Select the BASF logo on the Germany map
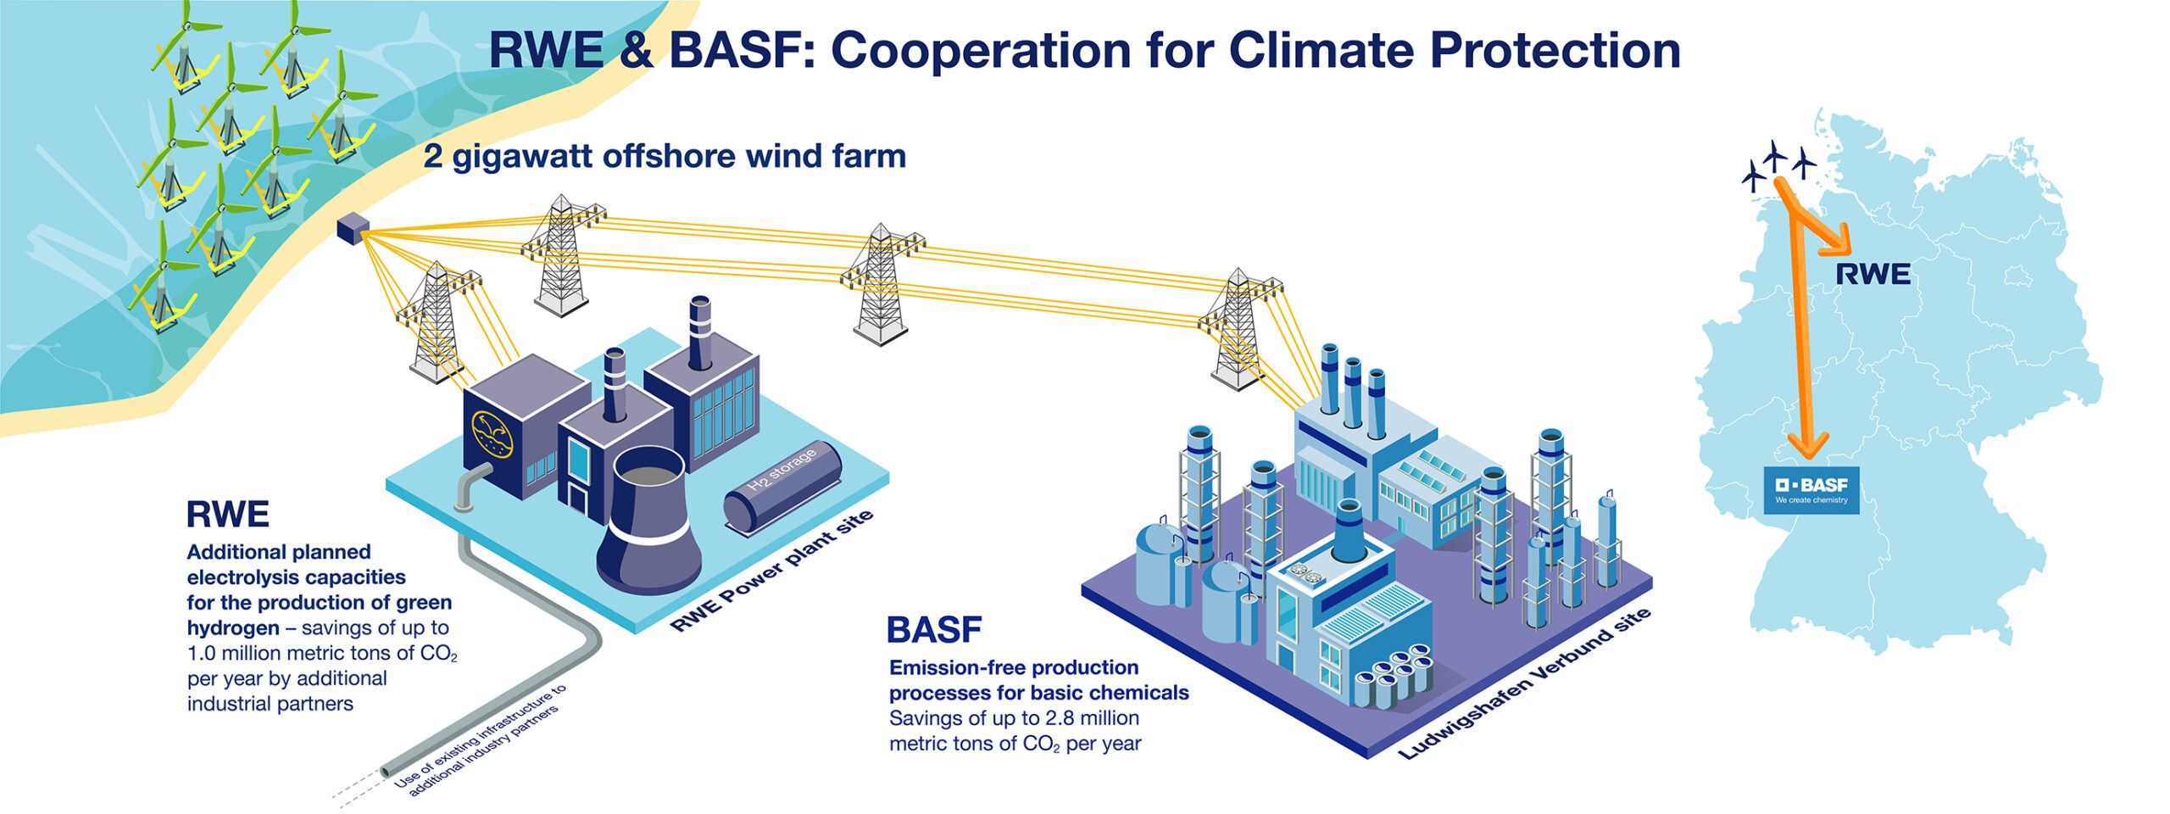[x=1811, y=489]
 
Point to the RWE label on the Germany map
[x=1872, y=275]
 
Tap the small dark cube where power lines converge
[x=352, y=228]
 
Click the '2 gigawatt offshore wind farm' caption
[x=665, y=156]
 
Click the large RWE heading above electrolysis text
[x=227, y=515]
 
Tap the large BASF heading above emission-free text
[x=933, y=630]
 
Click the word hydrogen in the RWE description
[x=232, y=628]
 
